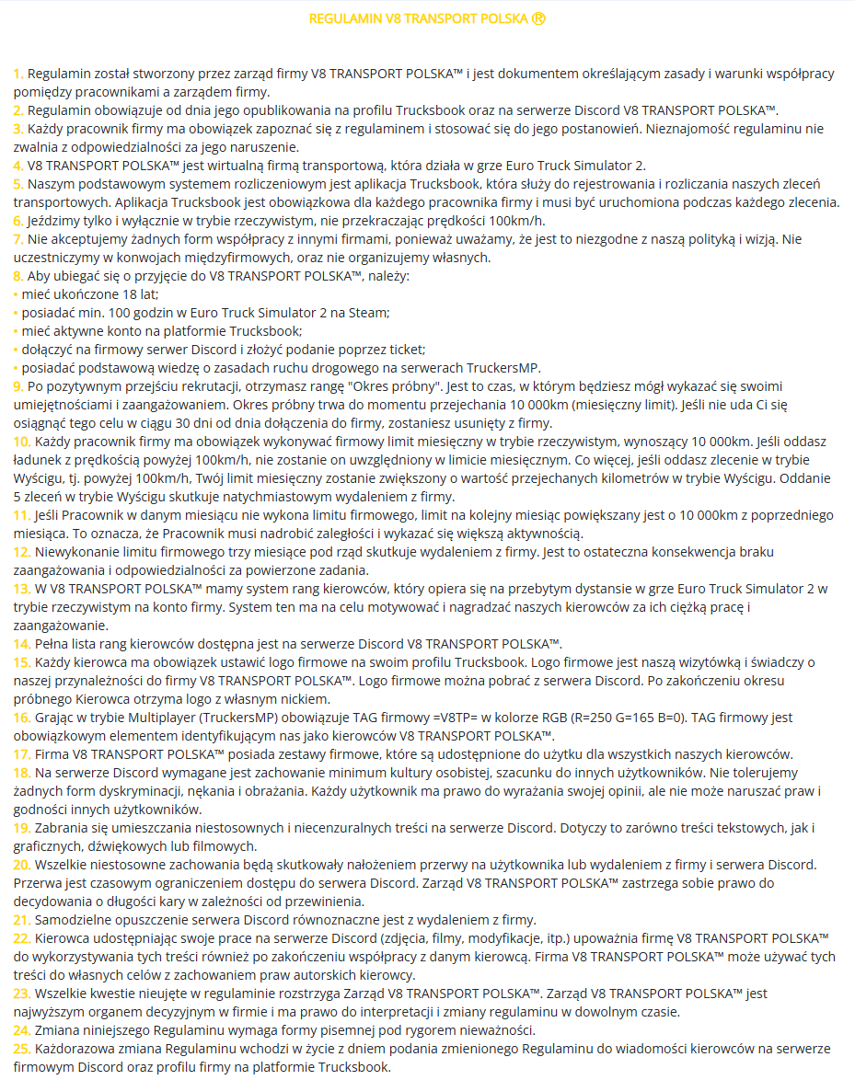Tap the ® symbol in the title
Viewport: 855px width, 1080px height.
(538, 18)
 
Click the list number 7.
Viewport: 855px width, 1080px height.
(18, 239)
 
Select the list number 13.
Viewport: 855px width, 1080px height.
(22, 588)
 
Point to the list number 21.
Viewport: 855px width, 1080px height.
(22, 920)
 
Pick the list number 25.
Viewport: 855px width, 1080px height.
(22, 1049)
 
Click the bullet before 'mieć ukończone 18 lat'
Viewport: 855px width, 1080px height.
(16, 294)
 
